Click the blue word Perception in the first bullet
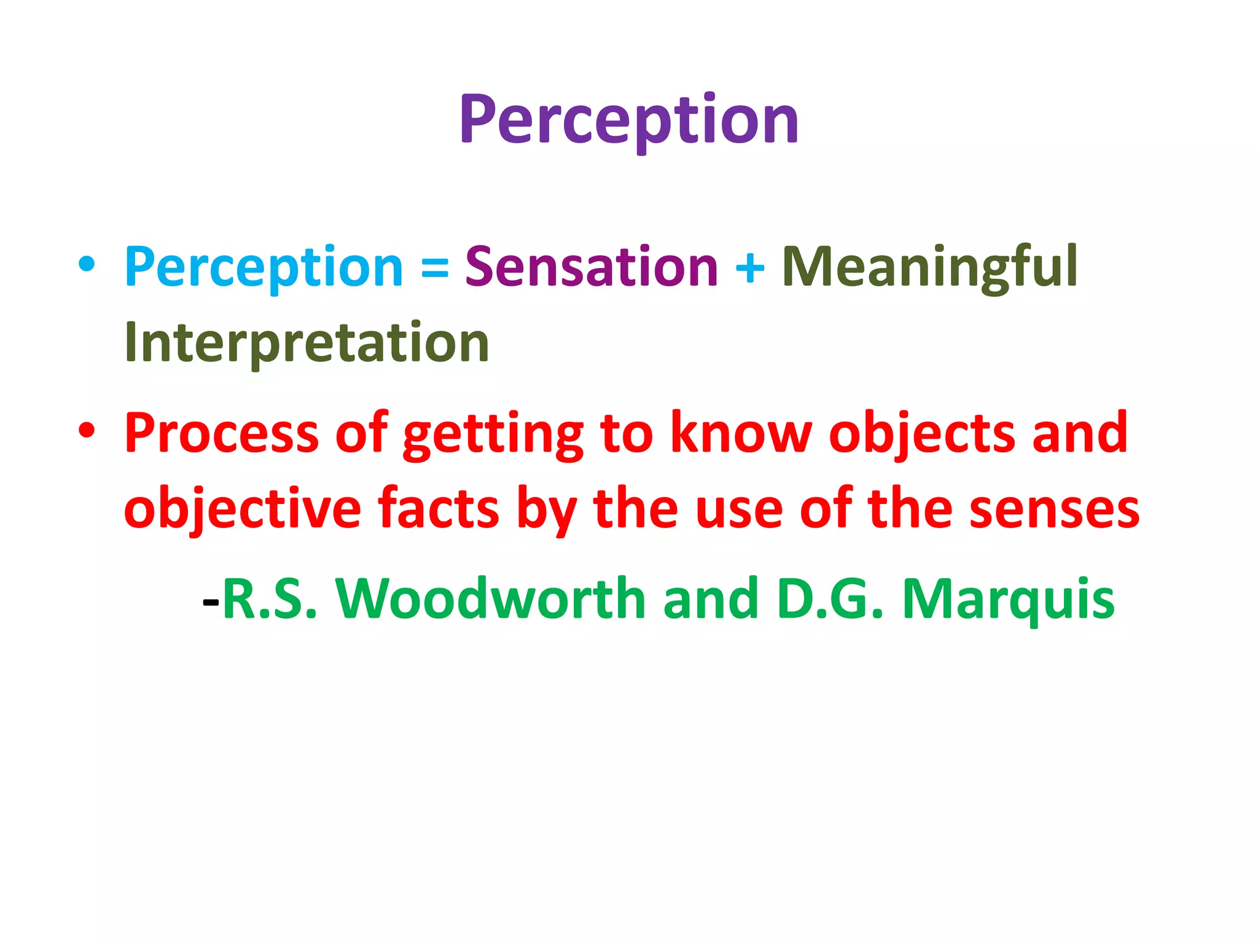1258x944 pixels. click(x=264, y=267)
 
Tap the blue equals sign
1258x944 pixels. click(x=434, y=269)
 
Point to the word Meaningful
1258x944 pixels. click(x=929, y=267)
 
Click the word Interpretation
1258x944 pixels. click(x=306, y=343)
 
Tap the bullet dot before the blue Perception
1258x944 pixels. click(x=87, y=264)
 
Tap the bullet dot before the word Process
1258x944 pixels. click(x=87, y=430)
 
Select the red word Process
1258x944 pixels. click(x=221, y=433)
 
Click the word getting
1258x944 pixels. click(x=493, y=435)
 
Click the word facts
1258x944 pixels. click(x=438, y=509)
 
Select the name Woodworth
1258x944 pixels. click(x=491, y=599)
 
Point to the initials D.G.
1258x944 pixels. click(x=829, y=599)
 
